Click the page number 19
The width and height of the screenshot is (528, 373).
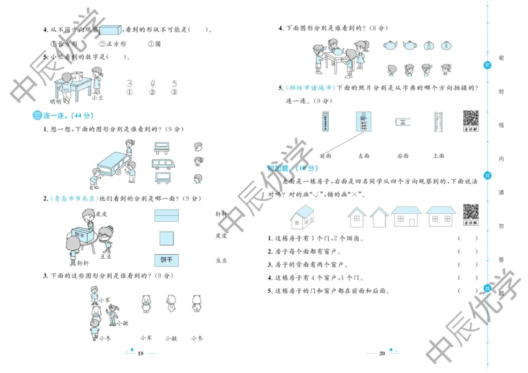coord(140,355)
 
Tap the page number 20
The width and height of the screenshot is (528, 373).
coord(381,355)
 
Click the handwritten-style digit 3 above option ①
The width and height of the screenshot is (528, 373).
coord(130,84)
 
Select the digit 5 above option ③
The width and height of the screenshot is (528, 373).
coord(174,84)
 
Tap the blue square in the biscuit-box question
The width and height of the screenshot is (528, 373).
coord(167,238)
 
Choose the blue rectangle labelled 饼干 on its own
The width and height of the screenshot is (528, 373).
coord(167,259)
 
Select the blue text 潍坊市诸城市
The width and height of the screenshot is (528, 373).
coord(310,88)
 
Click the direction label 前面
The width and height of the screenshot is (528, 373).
coord(325,156)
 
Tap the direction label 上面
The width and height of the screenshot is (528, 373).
coord(439,156)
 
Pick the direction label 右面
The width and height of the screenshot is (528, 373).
coord(403,156)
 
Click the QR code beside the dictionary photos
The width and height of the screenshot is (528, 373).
coord(470,121)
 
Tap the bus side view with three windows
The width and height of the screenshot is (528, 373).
coord(164,163)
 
